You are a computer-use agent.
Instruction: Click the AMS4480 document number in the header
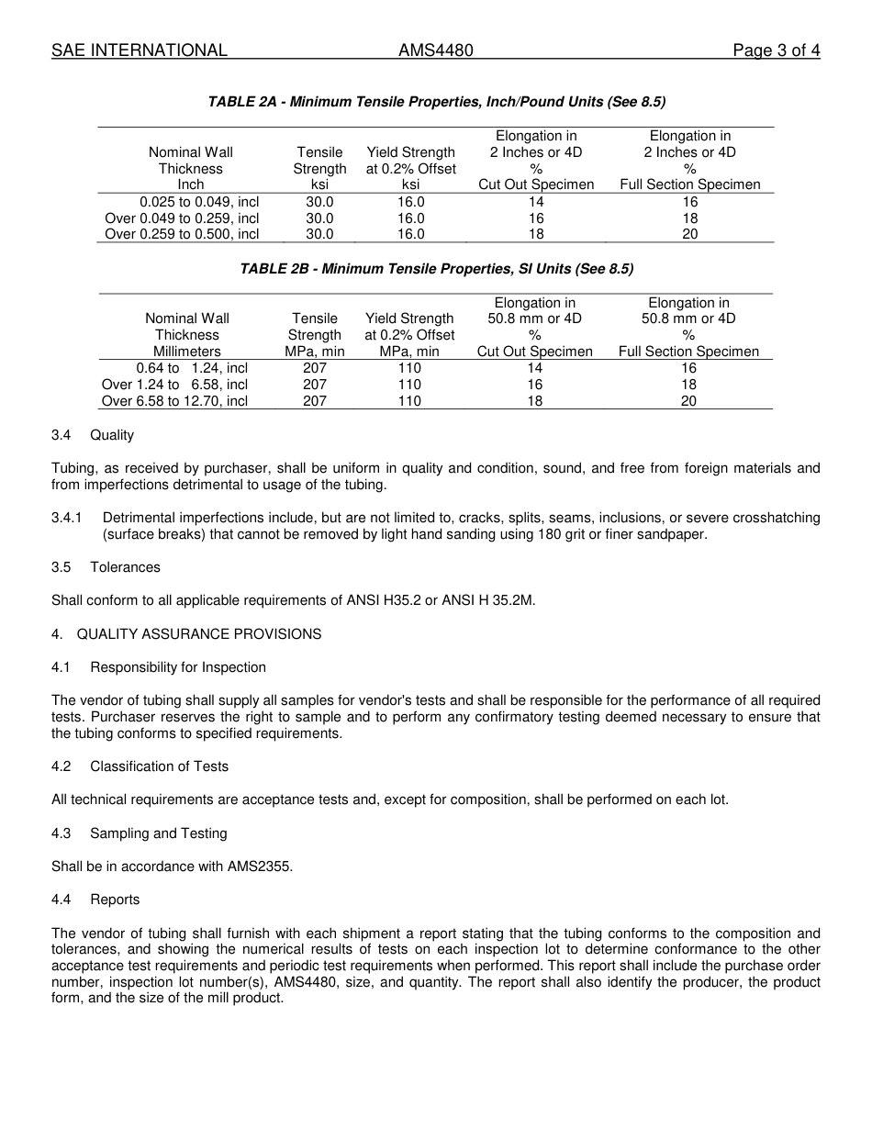point(435,50)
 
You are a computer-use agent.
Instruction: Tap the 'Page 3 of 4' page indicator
point(776,50)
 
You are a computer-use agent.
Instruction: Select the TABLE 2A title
point(436,102)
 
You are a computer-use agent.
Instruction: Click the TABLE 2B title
point(436,269)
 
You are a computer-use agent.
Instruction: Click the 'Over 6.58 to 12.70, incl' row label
point(174,401)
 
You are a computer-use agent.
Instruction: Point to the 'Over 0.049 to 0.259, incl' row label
point(182,218)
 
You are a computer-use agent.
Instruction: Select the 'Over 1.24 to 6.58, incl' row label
point(174,385)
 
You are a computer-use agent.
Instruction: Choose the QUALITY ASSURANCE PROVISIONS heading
point(198,634)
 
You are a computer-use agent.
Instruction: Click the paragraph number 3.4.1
point(67,518)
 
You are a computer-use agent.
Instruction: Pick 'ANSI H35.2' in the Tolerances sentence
point(379,600)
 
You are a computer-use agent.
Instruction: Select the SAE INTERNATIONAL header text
point(139,50)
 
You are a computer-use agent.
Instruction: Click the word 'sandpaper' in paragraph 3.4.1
point(675,534)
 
